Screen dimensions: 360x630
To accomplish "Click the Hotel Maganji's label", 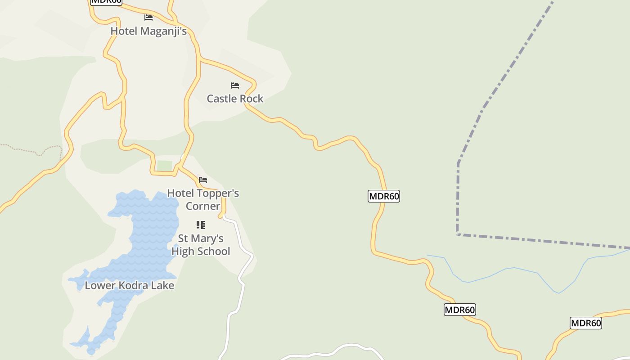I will pos(148,31).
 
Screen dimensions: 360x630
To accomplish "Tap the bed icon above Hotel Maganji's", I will pos(148,18).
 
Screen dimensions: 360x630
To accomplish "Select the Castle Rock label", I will pos(235,99).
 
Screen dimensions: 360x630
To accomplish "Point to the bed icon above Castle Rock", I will pos(235,85).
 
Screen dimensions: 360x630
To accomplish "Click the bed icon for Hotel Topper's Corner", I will pos(203,180).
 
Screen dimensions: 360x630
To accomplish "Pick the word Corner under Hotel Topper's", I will pos(203,206).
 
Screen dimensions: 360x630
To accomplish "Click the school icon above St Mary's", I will pos(201,225).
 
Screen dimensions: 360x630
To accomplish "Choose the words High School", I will pos(201,251).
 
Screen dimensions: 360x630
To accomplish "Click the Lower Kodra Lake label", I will pos(130,285).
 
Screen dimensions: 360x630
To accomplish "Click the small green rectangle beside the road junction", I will pos(164,166).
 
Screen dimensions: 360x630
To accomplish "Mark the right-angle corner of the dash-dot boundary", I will pos(458,234).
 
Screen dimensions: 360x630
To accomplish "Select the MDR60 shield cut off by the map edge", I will pos(106,1).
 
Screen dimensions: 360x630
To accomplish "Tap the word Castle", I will pos(221,99).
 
